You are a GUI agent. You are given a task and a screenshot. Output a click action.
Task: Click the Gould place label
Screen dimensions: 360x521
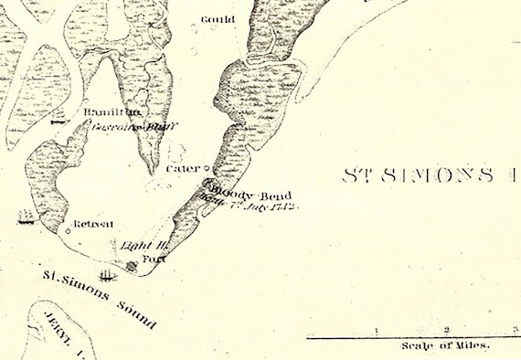pos(219,18)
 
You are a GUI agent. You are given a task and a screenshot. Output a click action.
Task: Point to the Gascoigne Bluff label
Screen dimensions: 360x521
pos(122,127)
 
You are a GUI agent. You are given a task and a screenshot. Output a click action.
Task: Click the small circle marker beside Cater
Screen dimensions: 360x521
pos(206,169)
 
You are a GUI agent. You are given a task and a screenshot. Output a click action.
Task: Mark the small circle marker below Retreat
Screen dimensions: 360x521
pos(68,230)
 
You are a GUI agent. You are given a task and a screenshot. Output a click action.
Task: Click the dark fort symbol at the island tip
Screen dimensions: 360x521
pos(132,267)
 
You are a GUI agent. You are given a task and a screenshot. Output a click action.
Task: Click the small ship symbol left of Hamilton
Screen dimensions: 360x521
pos(59,117)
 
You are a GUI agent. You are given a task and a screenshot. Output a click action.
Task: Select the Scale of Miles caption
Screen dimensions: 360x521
pos(444,346)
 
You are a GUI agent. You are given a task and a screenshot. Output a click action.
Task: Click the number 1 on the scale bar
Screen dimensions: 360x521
pos(377,330)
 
